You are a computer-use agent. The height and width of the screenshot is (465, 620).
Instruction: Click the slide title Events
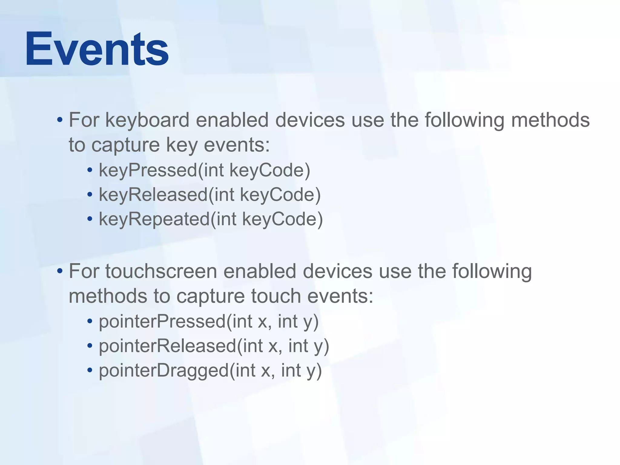tap(97, 49)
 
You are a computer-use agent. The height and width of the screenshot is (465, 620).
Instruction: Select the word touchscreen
tap(161, 271)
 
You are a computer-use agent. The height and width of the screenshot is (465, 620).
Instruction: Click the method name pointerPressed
tap(162, 322)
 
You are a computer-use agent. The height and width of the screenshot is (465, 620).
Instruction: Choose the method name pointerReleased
tap(167, 346)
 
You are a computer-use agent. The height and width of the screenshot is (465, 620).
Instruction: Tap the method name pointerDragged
tap(164, 371)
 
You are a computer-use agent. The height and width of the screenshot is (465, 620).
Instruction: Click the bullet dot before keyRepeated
tap(90, 219)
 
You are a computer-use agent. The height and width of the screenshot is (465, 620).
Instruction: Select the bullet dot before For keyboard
tap(60, 120)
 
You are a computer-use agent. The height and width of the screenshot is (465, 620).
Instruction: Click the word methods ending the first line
tap(550, 120)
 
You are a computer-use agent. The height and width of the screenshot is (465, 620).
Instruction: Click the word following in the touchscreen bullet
tap(492, 271)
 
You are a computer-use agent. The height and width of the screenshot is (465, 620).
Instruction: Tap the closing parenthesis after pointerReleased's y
tap(326, 347)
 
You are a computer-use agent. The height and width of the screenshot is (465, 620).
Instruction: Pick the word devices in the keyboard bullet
tap(310, 120)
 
